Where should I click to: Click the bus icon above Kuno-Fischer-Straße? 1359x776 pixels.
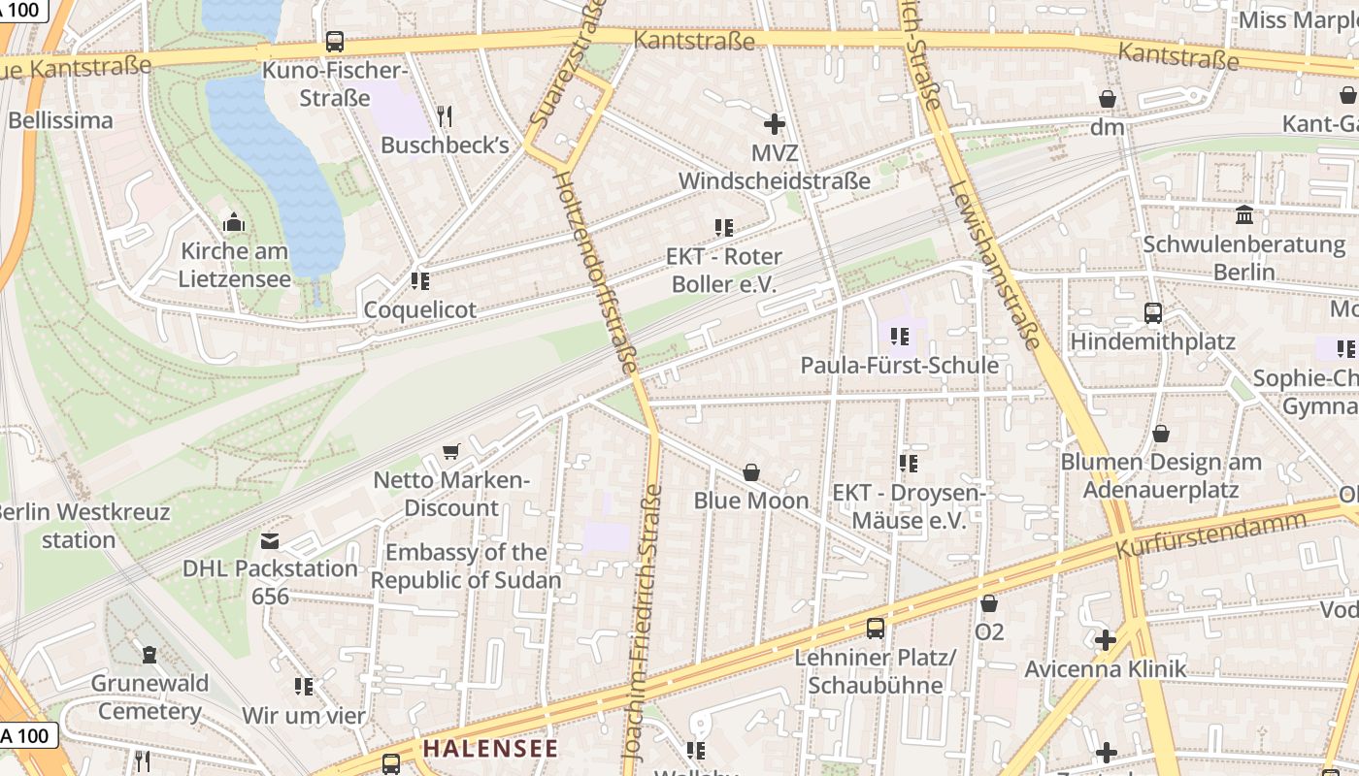tap(335, 42)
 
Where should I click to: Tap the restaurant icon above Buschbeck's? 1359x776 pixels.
tap(445, 116)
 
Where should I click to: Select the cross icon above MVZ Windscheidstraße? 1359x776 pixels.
tap(775, 124)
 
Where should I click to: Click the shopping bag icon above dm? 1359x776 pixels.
tap(1107, 99)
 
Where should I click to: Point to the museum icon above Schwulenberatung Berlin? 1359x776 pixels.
tap(1244, 214)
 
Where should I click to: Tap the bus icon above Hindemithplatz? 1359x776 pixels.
tap(1152, 313)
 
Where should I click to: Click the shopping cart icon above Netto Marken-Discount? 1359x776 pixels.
tap(451, 452)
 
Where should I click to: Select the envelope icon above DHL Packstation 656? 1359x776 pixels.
tap(270, 540)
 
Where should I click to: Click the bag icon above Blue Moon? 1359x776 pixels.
tap(751, 472)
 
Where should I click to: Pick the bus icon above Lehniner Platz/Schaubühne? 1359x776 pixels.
tap(876, 629)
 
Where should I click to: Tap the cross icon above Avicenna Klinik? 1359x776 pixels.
tap(1106, 640)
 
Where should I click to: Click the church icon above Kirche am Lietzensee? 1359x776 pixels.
tap(233, 223)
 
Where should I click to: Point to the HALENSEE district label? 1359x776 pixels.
tap(490, 749)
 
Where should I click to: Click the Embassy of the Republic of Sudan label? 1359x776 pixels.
tap(466, 566)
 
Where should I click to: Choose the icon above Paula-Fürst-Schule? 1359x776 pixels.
tap(899, 337)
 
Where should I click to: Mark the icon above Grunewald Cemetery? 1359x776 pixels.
tap(149, 656)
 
